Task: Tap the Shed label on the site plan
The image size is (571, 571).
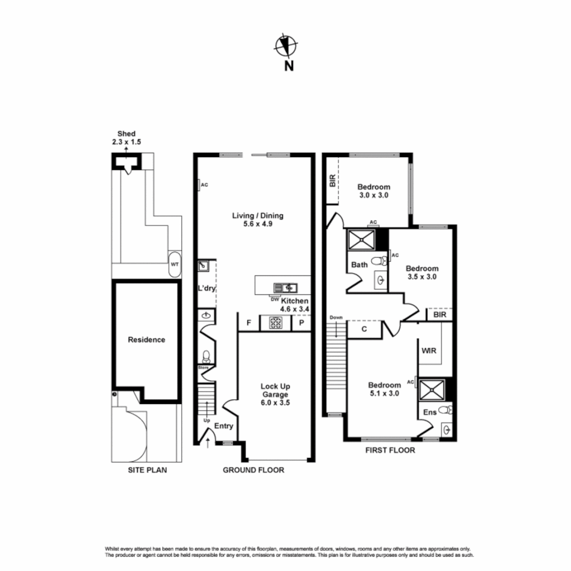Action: (126, 134)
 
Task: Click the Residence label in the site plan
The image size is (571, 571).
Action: (146, 340)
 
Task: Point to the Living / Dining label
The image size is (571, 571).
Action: (258, 216)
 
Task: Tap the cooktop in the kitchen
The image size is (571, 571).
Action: (275, 322)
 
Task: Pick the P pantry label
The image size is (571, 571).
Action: (301, 323)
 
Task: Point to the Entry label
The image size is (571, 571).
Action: (224, 426)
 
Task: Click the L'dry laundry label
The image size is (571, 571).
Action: (206, 289)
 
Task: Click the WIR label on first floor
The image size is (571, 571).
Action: (428, 350)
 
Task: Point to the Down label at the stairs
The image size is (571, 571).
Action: (336, 318)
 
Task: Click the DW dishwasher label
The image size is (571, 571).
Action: (274, 300)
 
